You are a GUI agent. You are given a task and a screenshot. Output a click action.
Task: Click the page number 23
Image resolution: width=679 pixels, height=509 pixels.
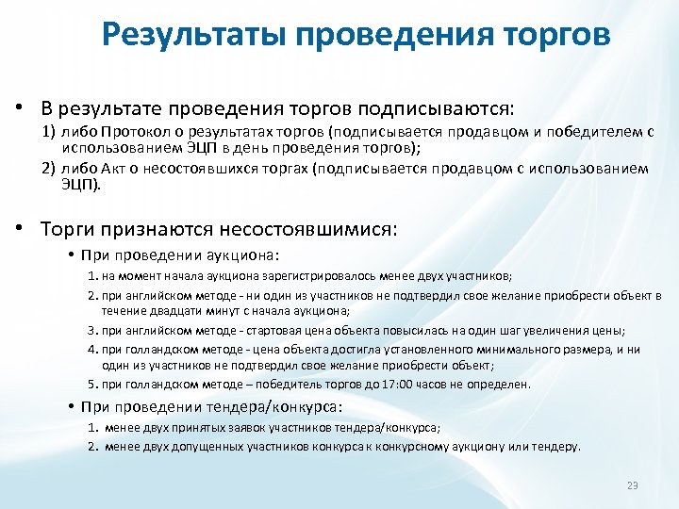[633, 485]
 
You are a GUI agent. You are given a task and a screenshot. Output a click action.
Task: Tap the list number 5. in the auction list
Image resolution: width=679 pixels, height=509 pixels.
[93, 384]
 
